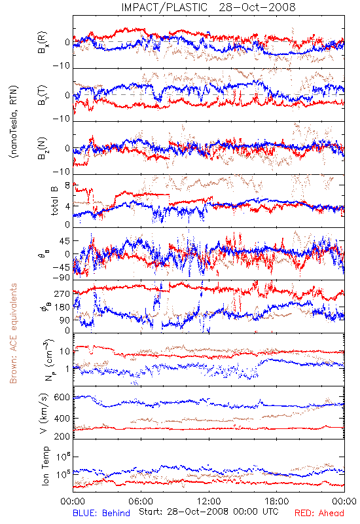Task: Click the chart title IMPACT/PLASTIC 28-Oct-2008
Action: pos(208,7)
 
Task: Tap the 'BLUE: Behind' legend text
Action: pos(101,514)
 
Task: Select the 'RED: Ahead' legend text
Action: pos(319,514)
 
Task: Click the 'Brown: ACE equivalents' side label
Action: pos(13,333)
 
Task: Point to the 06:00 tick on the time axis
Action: pos(141,501)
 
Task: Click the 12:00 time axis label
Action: pos(209,501)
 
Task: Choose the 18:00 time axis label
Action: pos(277,501)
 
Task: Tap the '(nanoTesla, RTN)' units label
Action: pos(14,122)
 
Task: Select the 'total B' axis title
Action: pos(54,200)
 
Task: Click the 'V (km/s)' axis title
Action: pos(44,413)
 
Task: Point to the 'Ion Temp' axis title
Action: pos(45,466)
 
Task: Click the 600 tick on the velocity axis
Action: pos(62,398)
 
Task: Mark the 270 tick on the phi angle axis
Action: pos(62,294)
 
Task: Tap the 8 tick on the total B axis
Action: pos(67,185)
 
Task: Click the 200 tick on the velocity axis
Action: pos(62,436)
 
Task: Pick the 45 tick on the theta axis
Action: pos(65,241)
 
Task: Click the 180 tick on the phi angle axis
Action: pos(62,307)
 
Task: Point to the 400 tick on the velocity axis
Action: pos(62,419)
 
